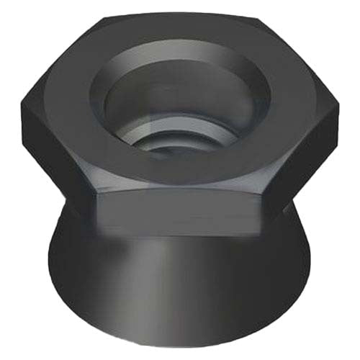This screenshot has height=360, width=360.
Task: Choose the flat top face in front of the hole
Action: point(180,180)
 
